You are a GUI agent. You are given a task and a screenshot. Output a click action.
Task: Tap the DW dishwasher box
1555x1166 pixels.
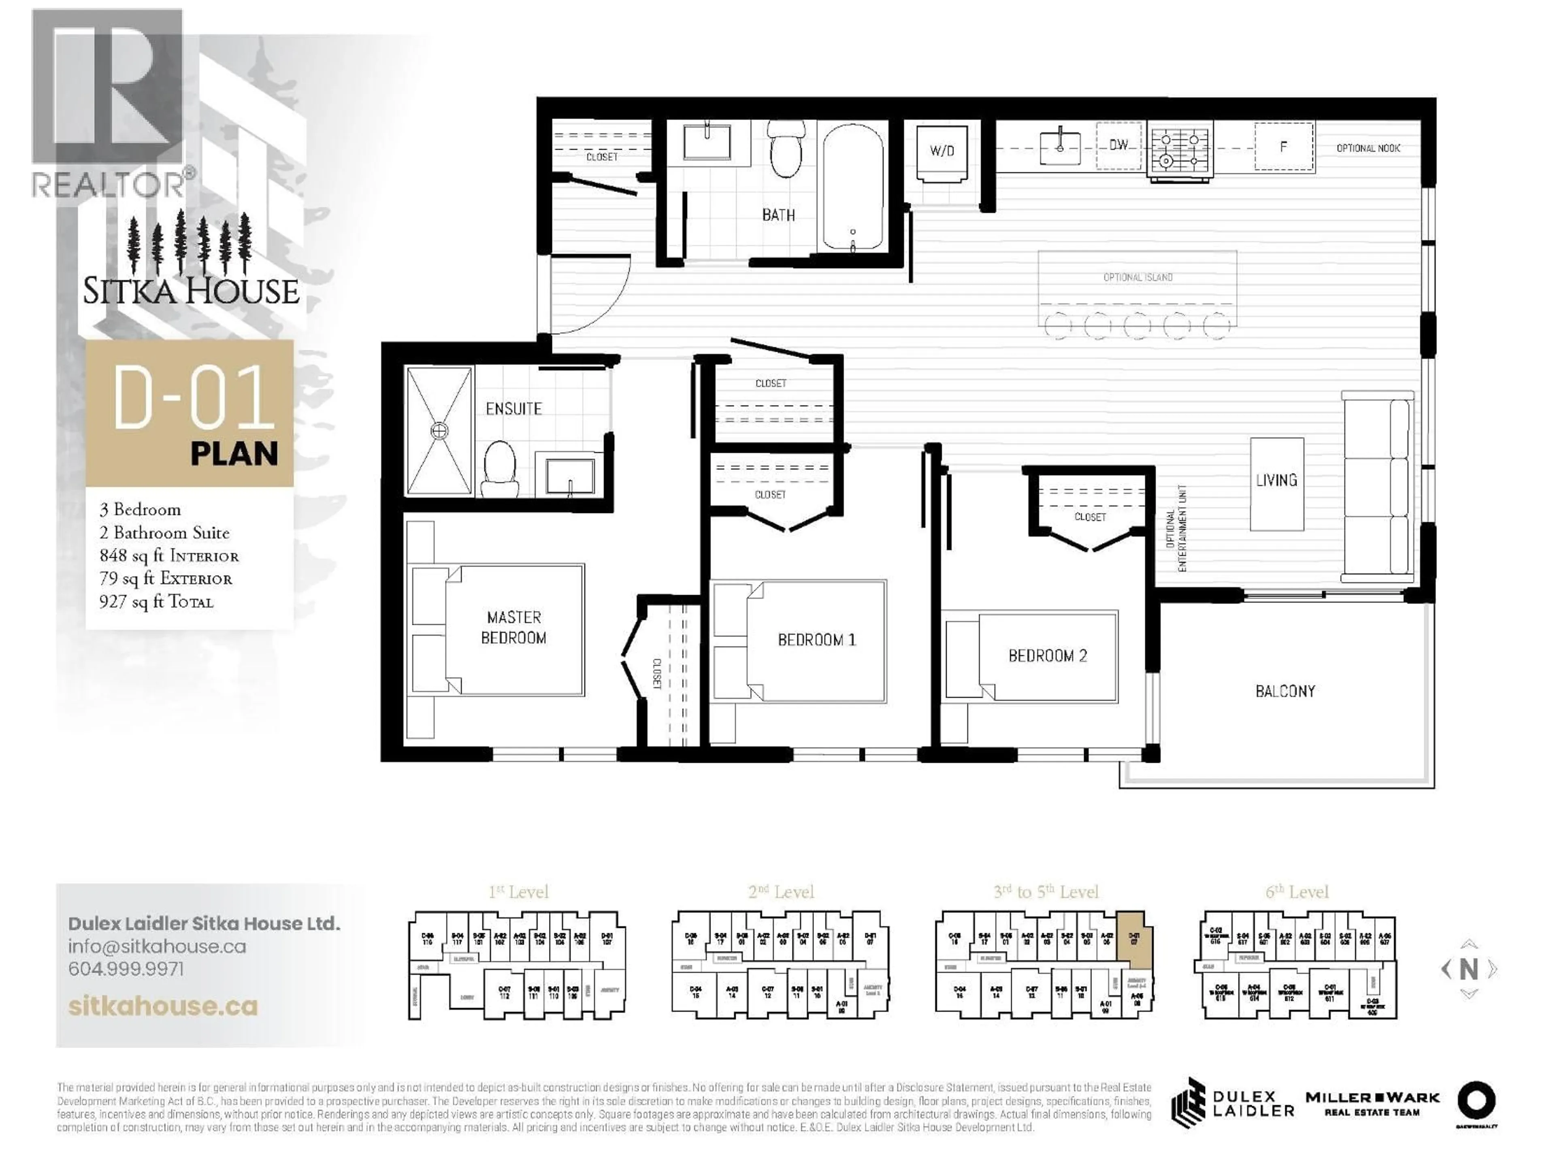(1118, 145)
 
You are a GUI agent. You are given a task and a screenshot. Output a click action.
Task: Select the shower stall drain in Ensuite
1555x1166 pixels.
(439, 430)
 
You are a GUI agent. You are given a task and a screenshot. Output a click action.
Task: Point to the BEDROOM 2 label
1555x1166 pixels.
(1048, 656)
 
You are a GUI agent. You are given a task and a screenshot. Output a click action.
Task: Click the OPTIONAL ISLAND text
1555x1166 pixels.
(1137, 278)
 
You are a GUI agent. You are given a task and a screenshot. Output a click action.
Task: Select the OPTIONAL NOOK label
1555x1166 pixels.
(1368, 148)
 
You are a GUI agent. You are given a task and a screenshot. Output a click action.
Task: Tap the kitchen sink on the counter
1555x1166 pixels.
(1060, 146)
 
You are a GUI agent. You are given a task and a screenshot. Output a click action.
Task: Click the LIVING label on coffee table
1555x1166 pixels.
(1277, 481)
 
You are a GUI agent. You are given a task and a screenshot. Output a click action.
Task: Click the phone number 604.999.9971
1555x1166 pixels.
(126, 969)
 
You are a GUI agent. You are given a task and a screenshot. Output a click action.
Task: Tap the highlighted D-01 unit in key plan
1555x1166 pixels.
(1131, 938)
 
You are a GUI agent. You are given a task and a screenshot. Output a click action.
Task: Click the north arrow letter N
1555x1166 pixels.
(1468, 970)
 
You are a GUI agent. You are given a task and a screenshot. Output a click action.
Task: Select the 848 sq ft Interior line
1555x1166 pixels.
(169, 556)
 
